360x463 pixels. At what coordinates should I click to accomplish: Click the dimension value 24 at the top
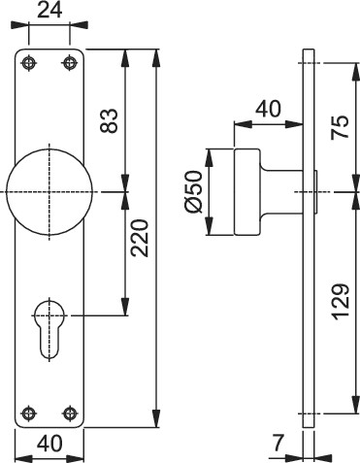(x=49, y=11)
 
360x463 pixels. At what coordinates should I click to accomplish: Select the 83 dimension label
(x=109, y=120)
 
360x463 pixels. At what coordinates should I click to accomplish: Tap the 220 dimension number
(x=140, y=239)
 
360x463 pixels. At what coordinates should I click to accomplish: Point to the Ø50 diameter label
(x=194, y=192)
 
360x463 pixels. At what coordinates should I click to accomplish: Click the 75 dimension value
(x=341, y=127)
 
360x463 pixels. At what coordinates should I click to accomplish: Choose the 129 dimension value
(x=341, y=302)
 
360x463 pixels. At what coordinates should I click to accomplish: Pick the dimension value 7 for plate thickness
(x=278, y=443)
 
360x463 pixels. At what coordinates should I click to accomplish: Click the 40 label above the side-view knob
(x=268, y=109)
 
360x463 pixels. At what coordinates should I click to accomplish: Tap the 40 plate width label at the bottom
(x=49, y=444)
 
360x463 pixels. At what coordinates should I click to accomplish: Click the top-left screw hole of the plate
(x=29, y=62)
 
